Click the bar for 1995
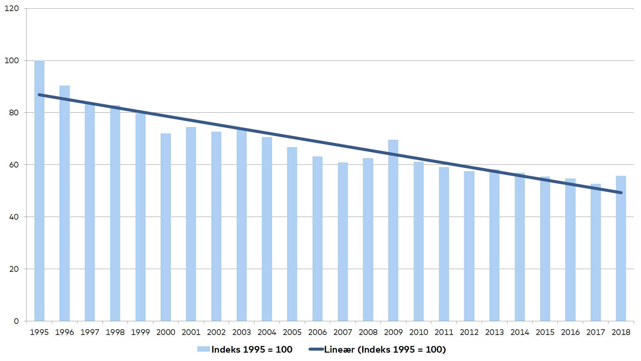point(39,191)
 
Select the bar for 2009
point(393,230)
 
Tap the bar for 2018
point(621,248)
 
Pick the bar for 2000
point(166,227)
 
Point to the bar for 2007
point(343,242)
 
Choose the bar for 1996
point(64,203)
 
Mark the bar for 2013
point(494,245)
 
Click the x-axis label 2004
point(267,332)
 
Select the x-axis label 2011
point(444,332)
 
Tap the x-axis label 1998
point(115,332)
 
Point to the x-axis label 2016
point(571,332)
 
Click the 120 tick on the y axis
point(12,8)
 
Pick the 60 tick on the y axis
point(14,165)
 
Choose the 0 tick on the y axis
point(16,321)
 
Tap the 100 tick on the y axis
point(12,61)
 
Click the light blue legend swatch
point(204,349)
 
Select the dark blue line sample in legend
point(316,349)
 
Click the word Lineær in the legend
point(340,350)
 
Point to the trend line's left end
point(39,95)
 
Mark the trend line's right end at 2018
point(621,193)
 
